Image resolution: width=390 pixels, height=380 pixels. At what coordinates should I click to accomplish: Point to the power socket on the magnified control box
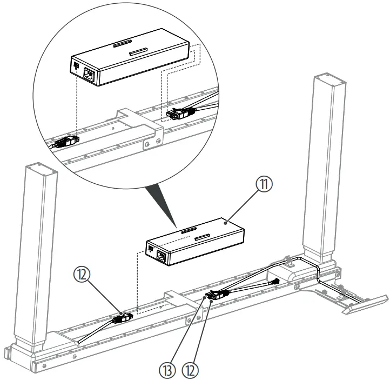pyautogui.click(x=89, y=76)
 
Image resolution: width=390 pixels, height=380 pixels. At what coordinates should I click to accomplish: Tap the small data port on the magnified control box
pyautogui.click(x=75, y=68)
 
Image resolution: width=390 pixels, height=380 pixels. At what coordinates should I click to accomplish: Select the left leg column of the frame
pyautogui.click(x=41, y=254)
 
